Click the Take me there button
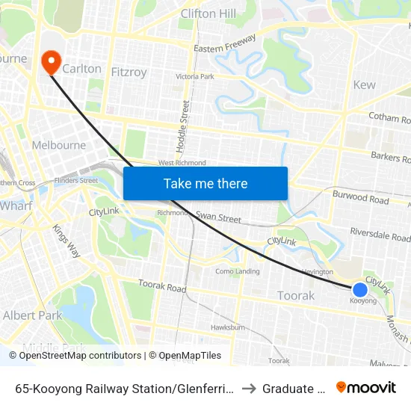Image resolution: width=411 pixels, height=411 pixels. click(205, 183)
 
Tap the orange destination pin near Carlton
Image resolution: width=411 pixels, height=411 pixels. click(51, 62)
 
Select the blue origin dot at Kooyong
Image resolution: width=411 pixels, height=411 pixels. click(359, 289)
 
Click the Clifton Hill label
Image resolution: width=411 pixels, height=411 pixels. click(208, 13)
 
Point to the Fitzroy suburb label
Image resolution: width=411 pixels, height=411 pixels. click(129, 72)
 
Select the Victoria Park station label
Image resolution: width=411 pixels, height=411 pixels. click(194, 76)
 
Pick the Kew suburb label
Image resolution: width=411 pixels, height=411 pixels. click(364, 84)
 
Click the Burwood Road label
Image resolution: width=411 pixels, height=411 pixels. click(361, 198)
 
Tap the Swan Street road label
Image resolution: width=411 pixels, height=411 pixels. click(218, 217)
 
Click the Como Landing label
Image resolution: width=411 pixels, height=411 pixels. click(237, 271)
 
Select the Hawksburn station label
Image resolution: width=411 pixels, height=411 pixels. click(228, 327)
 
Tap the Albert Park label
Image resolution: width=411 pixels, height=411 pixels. click(32, 315)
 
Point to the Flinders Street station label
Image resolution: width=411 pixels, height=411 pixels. click(77, 180)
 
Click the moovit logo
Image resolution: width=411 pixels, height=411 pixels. click(365, 387)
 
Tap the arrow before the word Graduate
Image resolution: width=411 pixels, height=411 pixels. click(249, 388)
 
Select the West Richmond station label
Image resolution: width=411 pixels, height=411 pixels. click(182, 163)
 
